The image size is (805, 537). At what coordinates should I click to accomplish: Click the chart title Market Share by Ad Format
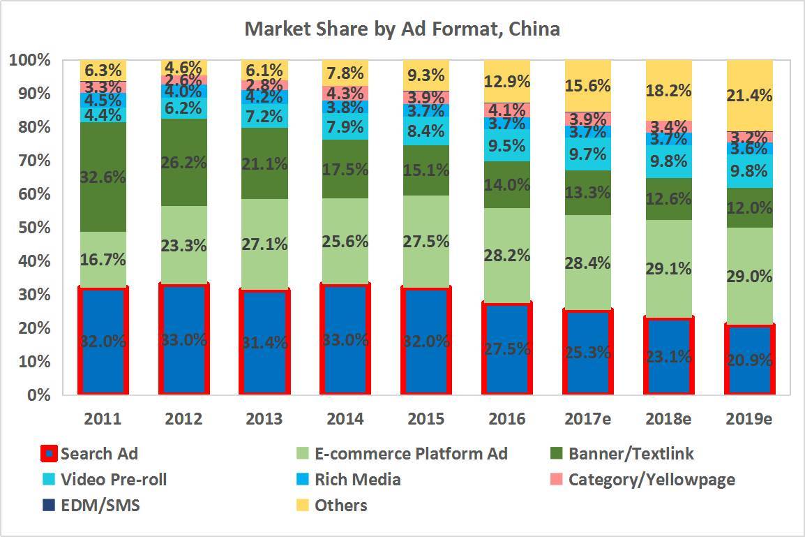pos(402,29)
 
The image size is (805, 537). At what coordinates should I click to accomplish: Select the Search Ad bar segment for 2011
pos(103,341)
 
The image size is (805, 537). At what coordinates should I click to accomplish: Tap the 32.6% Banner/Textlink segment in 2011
pos(103,177)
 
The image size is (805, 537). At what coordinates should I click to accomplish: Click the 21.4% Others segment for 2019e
pos(751,96)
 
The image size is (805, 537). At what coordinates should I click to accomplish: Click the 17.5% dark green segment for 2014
pos(345,169)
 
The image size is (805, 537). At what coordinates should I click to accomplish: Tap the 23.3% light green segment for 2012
pos(184,245)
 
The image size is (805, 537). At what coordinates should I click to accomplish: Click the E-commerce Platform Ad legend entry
pos(411,454)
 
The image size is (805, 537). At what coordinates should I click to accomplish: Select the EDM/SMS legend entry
pos(100,505)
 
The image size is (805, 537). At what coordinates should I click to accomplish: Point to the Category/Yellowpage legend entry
pos(651,480)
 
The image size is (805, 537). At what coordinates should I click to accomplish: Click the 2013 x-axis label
pos(264,418)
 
